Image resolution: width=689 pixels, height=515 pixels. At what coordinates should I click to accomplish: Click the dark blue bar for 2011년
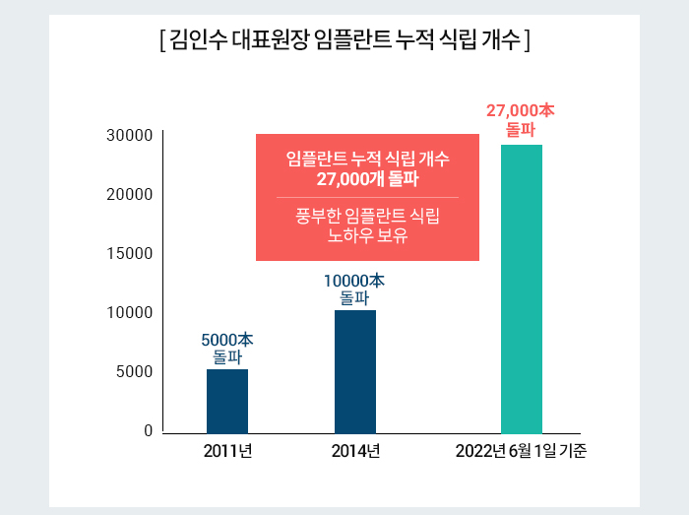(x=227, y=401)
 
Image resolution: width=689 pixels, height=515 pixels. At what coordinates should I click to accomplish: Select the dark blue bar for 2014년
(x=355, y=371)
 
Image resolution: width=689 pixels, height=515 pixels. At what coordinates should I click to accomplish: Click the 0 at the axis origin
(x=149, y=431)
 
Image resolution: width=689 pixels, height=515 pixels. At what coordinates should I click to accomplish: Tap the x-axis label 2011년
(x=227, y=453)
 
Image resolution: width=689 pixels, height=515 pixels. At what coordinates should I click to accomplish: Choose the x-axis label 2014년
(x=355, y=453)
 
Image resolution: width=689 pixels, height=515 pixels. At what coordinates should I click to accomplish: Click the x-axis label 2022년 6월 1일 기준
(x=521, y=453)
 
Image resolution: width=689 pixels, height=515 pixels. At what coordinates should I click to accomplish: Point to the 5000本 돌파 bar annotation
(x=227, y=349)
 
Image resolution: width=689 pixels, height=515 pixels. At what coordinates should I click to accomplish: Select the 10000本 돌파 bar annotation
(x=354, y=289)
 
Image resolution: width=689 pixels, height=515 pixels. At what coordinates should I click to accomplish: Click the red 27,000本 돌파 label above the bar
(x=521, y=120)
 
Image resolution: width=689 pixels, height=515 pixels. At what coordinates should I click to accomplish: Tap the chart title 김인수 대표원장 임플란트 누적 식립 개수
(x=344, y=41)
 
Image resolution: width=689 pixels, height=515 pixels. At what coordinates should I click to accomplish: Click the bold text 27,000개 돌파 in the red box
(x=367, y=178)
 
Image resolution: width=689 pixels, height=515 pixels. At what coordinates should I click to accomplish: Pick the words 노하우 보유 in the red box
(x=367, y=235)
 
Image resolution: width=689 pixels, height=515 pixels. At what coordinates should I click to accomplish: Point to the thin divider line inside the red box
(x=367, y=198)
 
